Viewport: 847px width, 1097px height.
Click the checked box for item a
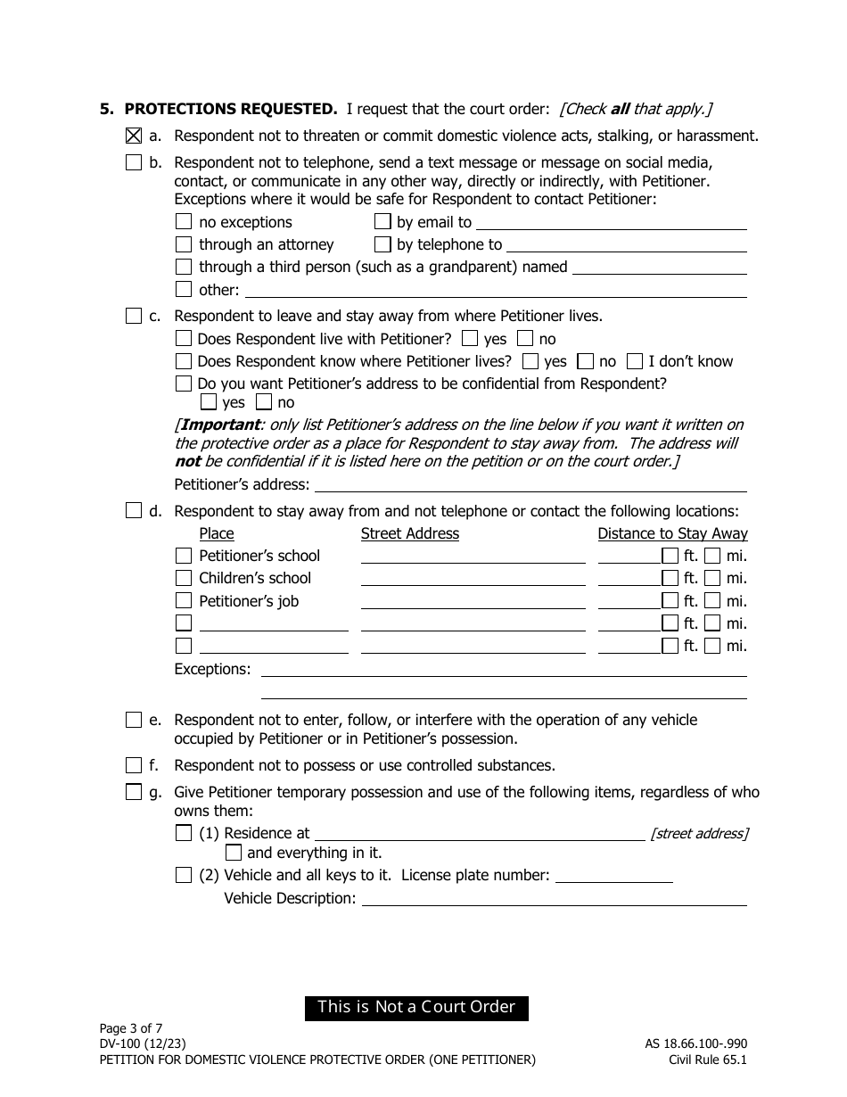(134, 136)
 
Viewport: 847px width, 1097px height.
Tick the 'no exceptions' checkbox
(184, 222)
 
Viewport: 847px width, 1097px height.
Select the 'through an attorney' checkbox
(184, 244)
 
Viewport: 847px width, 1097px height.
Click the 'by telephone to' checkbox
(382, 244)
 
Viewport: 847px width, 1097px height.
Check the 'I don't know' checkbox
(635, 361)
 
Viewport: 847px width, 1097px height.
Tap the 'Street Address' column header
(409, 533)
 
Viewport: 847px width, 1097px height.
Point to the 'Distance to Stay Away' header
(672, 533)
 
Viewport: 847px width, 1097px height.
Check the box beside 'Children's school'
(184, 578)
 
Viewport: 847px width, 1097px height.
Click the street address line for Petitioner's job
(473, 606)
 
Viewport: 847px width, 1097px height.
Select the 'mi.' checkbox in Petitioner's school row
(712, 556)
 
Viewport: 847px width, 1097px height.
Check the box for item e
(134, 720)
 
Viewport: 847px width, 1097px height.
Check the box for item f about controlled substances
(134, 765)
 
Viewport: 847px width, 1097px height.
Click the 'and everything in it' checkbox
(234, 853)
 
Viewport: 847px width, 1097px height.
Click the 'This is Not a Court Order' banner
(416, 1007)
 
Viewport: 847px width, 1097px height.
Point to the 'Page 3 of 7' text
(131, 1027)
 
